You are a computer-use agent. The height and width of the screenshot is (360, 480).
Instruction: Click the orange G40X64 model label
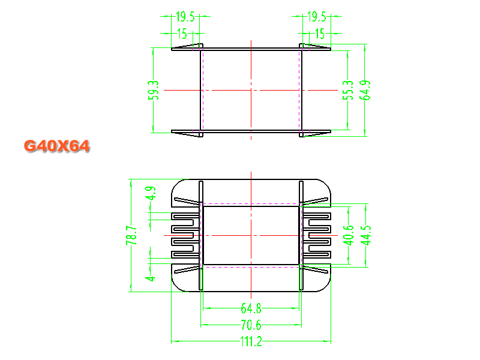56,146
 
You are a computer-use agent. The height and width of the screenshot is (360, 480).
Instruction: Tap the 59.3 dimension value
154,91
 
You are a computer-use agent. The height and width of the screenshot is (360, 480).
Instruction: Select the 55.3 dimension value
348,91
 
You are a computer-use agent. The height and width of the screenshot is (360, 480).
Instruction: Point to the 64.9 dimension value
365,91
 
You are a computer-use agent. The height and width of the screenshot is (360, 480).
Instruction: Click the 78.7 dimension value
131,235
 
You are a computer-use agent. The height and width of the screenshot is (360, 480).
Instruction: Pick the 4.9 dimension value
151,193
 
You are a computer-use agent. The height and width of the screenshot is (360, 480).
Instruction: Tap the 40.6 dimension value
349,235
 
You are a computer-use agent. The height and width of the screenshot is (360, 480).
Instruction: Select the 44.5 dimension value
365,235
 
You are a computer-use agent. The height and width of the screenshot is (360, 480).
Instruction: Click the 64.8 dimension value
251,308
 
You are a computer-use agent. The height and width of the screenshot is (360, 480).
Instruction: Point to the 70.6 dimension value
251,325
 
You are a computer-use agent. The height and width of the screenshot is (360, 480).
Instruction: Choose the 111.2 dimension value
251,341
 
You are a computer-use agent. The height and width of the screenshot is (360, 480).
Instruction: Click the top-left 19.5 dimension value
185,17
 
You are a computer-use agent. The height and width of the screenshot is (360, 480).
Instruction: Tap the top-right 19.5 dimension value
317,17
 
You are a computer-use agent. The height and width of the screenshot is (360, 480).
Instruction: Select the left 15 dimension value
182,34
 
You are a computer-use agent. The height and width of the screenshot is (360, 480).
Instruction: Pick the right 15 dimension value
320,34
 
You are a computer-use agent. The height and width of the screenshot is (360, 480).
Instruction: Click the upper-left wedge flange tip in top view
172,49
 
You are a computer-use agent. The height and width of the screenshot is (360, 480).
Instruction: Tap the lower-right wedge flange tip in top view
330,131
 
